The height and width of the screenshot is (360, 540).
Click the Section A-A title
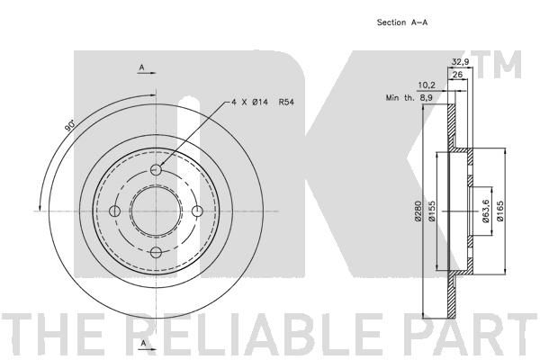pyautogui.click(x=402, y=22)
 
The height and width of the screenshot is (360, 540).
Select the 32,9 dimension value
pyautogui.click(x=460, y=62)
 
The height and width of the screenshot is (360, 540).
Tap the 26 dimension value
pyautogui.click(x=457, y=75)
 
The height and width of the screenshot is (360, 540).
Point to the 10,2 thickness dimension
pyautogui.click(x=427, y=85)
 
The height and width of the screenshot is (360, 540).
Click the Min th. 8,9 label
pyautogui.click(x=409, y=98)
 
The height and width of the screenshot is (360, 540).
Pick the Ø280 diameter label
pyautogui.click(x=418, y=211)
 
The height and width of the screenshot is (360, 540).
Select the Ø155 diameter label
pyautogui.click(x=432, y=211)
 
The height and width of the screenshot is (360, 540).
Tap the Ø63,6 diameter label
pyautogui.click(x=486, y=211)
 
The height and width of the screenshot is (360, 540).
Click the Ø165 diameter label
pyautogui.click(x=500, y=211)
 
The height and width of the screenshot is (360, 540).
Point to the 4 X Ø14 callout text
pyautogui.click(x=249, y=103)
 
